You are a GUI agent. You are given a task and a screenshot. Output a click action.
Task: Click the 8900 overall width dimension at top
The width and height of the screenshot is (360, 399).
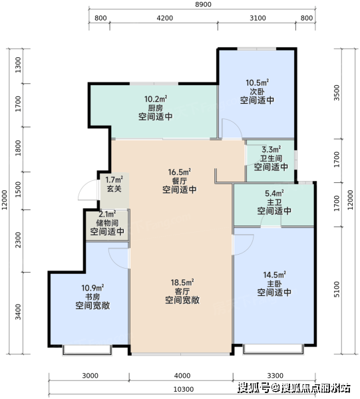[x=203, y=5]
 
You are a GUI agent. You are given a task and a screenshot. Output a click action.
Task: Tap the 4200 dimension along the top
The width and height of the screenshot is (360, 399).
[x=165, y=18]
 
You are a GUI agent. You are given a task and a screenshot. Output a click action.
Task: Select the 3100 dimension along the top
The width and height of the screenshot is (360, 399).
[x=258, y=18]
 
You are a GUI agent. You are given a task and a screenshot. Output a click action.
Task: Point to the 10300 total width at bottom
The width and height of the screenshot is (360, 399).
[x=184, y=389]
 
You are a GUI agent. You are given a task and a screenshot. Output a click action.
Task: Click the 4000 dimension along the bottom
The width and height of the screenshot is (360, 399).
[x=182, y=376]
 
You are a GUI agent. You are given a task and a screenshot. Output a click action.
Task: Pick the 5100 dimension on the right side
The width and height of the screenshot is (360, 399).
[x=337, y=289]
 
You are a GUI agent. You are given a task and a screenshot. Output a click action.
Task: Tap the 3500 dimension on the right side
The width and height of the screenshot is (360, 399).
[x=337, y=92]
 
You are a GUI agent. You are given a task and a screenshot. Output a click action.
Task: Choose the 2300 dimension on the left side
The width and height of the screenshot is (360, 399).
[x=18, y=239]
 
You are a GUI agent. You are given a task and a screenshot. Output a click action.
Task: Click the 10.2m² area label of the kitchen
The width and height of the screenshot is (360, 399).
[x=156, y=98]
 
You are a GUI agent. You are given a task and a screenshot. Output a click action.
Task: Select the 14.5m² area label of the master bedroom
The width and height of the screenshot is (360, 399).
[x=274, y=275]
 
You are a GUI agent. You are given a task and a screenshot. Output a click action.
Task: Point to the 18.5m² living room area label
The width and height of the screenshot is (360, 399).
[x=182, y=283]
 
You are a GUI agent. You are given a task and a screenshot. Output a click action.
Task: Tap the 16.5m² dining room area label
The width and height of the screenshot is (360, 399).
[x=180, y=172]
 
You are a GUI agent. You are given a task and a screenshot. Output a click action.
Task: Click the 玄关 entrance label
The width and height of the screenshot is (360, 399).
[x=114, y=189]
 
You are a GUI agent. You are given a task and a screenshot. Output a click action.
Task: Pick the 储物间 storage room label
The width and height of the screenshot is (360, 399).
[x=107, y=223]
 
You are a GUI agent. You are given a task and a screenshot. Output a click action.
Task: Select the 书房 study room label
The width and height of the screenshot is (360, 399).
[x=92, y=297]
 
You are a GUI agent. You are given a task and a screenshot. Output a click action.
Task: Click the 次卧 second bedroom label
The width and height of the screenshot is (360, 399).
[x=257, y=91]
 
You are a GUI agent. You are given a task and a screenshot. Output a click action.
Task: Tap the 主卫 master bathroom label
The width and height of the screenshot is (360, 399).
[x=274, y=202]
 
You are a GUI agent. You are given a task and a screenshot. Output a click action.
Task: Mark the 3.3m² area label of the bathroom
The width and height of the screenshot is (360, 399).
[x=271, y=150]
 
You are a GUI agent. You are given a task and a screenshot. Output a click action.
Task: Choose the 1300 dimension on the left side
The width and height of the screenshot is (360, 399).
[x=18, y=65]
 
